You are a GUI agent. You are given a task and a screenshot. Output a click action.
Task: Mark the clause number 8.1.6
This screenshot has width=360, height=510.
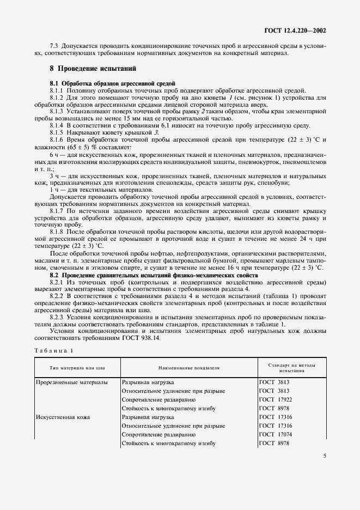[x=58, y=139]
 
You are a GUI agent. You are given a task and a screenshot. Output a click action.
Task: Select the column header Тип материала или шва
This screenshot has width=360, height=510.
[x=77, y=368]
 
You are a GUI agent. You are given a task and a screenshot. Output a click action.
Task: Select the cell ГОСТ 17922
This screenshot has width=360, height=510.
[x=273, y=400]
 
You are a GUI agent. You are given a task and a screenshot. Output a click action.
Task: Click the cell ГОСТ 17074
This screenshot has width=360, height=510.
[x=273, y=435]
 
